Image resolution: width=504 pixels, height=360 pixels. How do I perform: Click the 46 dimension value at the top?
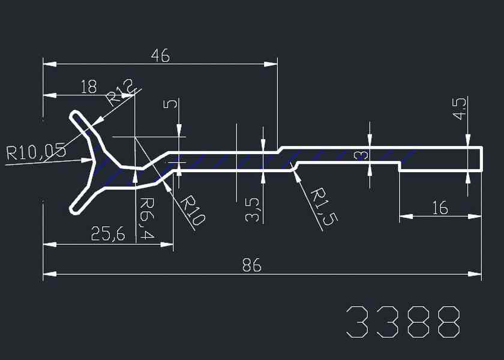click(x=160, y=56)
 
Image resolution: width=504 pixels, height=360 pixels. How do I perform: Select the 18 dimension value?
click(x=89, y=87)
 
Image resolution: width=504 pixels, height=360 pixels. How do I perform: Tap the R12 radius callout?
click(x=120, y=92)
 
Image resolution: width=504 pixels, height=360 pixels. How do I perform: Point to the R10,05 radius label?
click(x=37, y=151)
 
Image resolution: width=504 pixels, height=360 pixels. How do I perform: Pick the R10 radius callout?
click(x=193, y=211)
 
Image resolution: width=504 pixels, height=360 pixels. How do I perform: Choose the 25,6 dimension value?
click(x=108, y=233)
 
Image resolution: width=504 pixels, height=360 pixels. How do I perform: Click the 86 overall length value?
click(x=252, y=265)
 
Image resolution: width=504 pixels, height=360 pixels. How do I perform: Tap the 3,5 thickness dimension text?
click(x=252, y=210)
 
